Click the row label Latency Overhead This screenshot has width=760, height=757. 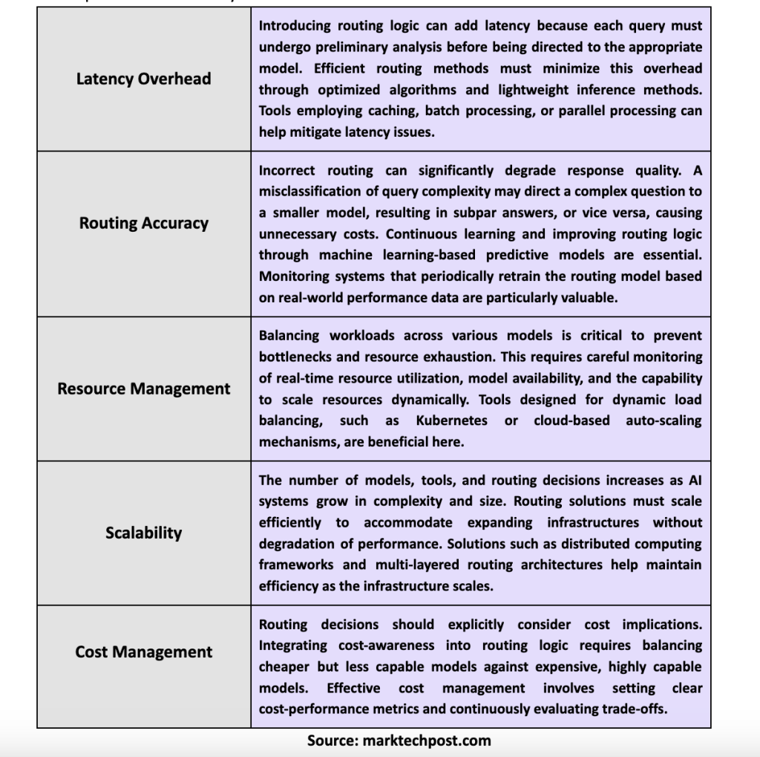143,79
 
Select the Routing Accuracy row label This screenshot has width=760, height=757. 144,223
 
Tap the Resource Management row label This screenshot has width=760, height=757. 144,389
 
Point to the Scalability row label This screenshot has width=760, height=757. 144,533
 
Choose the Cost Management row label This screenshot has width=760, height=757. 144,652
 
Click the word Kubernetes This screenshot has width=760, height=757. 451,420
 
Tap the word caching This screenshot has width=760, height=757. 390,111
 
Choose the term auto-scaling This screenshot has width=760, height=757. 663,420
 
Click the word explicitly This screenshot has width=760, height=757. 476,625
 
